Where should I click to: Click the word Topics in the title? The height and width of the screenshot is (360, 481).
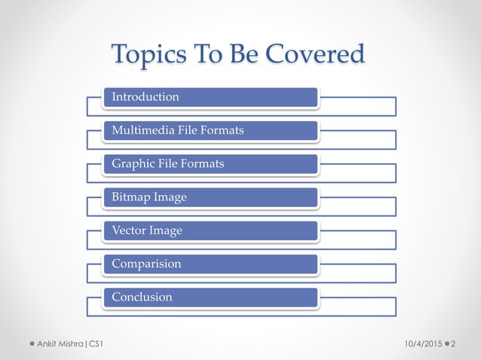(144, 54)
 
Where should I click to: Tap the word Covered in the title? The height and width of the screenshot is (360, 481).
(317, 54)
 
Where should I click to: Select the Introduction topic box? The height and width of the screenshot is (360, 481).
(210, 97)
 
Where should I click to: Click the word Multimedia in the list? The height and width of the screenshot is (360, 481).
(140, 130)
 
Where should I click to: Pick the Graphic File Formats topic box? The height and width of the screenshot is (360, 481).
(210, 163)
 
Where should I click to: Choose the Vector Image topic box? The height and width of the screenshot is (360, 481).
(210, 230)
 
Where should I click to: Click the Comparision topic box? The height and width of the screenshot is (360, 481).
(210, 264)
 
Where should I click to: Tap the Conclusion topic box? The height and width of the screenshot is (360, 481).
(210, 297)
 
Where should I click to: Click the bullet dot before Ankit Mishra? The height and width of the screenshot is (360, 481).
(32, 344)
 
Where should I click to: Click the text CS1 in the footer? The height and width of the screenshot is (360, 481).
(97, 344)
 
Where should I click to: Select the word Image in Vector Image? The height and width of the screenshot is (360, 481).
(166, 230)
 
